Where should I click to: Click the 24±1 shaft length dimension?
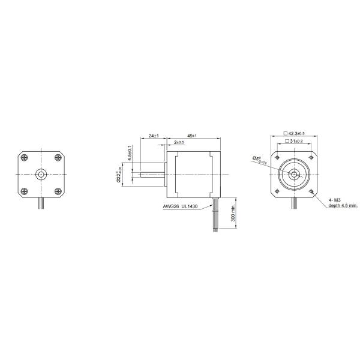pyautogui.click(x=153, y=136)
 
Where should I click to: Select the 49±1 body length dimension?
pyautogui.click(x=193, y=136)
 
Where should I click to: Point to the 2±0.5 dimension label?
pyautogui.click(x=179, y=143)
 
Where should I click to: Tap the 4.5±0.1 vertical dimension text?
pyautogui.click(x=130, y=153)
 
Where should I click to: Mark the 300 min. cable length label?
pyautogui.click(x=233, y=212)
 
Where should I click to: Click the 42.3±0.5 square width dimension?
pyautogui.click(x=293, y=133)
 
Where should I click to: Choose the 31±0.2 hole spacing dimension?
pyautogui.click(x=293, y=141)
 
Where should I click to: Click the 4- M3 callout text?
pyautogui.click(x=335, y=199)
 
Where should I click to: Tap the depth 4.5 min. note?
pyautogui.click(x=343, y=205)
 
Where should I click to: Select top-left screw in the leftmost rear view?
pyautogui.click(x=24, y=158)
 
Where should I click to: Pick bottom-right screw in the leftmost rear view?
pyautogui.click(x=58, y=191)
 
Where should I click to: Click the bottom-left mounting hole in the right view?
pyautogui.click(x=277, y=191)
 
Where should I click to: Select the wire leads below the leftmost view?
pyautogui.click(x=41, y=204)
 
